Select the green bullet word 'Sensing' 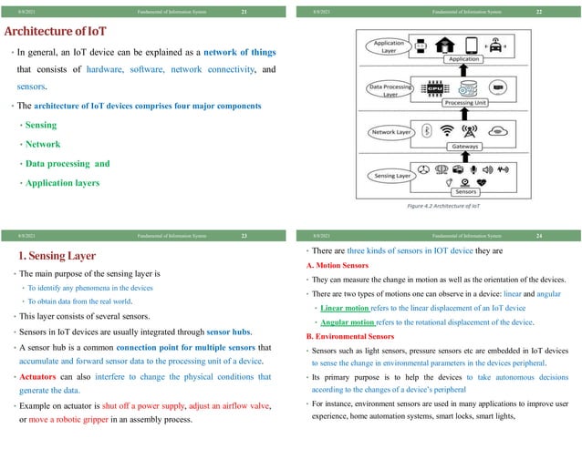tap(40, 125)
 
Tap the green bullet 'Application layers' tap(63, 183)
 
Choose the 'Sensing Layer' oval tap(390, 175)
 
